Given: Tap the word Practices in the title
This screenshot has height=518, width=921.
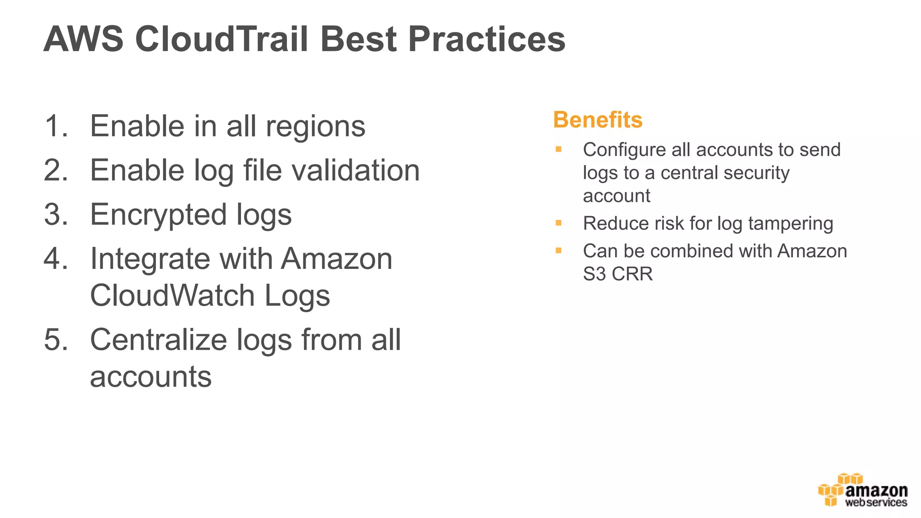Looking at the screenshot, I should (x=487, y=39).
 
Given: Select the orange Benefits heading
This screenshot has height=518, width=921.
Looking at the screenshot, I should (x=598, y=120).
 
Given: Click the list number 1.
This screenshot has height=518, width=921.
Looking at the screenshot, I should (x=56, y=126).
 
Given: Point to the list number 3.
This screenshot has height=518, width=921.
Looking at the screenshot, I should (x=56, y=214).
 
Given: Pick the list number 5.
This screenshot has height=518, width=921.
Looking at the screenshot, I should (x=56, y=339).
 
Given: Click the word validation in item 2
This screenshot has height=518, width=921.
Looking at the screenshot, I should (x=355, y=170).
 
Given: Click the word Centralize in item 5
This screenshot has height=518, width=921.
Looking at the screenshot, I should (x=158, y=339).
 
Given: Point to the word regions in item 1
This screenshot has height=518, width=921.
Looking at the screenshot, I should (x=315, y=127).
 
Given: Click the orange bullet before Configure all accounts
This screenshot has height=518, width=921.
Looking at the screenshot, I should (x=559, y=149).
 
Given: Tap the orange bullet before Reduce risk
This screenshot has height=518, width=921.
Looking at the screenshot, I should (x=559, y=223).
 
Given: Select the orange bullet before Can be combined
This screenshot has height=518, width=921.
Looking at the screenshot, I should (x=559, y=251).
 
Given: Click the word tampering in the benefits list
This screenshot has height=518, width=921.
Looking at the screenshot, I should (x=791, y=224).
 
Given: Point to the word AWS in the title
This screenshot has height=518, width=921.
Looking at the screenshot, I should (x=83, y=39).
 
